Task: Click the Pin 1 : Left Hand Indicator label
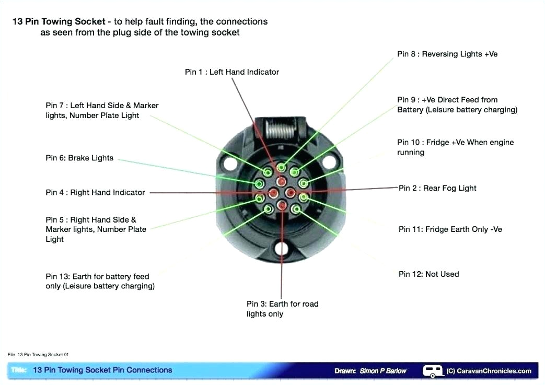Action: tap(231, 72)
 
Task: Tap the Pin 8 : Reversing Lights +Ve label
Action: tap(447, 54)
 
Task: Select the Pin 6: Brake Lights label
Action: tap(79, 158)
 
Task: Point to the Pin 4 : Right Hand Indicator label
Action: tap(95, 193)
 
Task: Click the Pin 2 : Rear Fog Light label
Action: tap(437, 188)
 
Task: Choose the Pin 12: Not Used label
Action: tap(428, 274)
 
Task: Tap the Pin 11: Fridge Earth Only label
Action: tap(450, 229)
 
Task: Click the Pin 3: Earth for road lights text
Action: tap(282, 309)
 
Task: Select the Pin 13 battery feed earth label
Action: tap(100, 282)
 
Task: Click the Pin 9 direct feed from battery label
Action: tap(457, 105)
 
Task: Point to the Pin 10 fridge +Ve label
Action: tap(455, 147)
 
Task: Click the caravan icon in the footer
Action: tap(432, 371)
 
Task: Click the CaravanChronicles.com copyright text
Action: tap(489, 371)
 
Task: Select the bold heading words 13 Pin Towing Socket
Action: tap(59, 22)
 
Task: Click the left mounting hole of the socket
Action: tap(230, 163)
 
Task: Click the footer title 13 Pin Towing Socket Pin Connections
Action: tap(102, 370)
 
